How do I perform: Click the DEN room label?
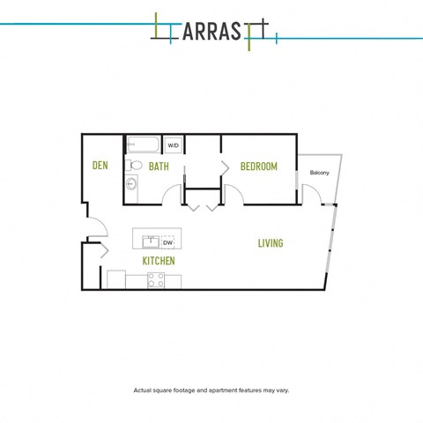tap(100, 166)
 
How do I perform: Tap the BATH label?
tap(159, 167)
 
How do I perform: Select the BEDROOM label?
tap(259, 167)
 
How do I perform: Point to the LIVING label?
tap(271, 243)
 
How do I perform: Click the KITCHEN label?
tap(159, 261)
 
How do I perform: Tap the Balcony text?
tap(320, 173)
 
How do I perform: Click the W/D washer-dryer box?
tap(174, 145)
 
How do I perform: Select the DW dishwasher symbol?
tap(167, 242)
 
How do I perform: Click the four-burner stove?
tap(156, 280)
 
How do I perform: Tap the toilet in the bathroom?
tap(134, 166)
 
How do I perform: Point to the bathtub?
tap(144, 145)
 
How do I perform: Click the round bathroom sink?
tap(131, 184)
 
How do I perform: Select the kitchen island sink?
tap(151, 241)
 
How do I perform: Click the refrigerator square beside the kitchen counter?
tap(116, 279)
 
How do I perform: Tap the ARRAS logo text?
tap(212, 31)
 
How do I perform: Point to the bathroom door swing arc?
tap(169, 190)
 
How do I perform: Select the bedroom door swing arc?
tap(237, 190)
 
